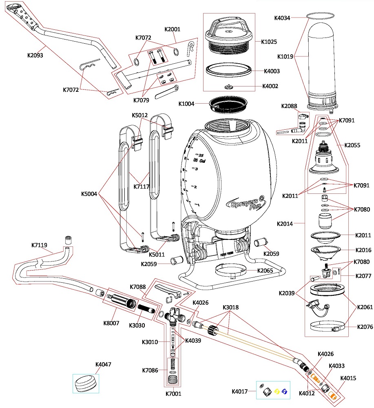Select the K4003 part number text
coord(272,71)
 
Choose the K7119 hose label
coord(40,245)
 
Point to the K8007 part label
coord(111,323)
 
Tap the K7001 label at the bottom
coord(173,394)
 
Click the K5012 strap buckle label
coord(140,115)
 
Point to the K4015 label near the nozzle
coord(348,378)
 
